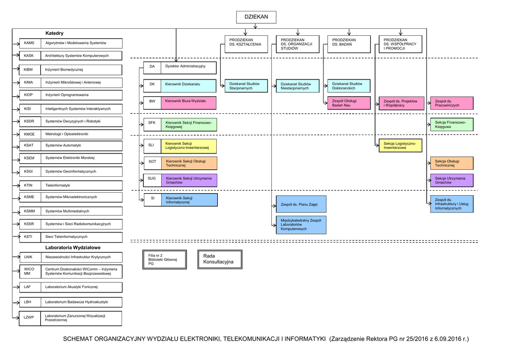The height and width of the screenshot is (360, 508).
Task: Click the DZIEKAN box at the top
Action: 255,17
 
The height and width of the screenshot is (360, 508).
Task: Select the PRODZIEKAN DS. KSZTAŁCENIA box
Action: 245,44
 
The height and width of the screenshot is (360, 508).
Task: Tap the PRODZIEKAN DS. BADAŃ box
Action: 348,44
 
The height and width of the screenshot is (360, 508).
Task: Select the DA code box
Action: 152,66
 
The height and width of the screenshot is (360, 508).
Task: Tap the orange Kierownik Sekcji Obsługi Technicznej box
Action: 189,163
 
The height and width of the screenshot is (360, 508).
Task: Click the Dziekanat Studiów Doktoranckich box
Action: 348,86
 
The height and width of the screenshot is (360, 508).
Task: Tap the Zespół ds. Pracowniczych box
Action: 451,103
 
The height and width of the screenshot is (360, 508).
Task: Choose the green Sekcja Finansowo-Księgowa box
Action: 451,125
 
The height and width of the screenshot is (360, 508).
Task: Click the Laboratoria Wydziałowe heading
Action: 73,247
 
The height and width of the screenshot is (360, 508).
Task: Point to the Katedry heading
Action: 55,33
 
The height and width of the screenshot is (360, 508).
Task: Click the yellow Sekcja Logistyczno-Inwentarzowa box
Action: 400,145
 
